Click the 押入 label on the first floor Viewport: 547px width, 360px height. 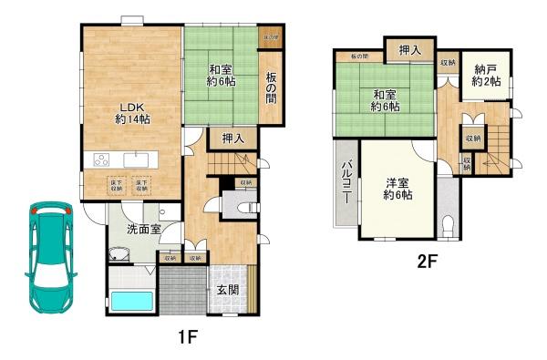232,139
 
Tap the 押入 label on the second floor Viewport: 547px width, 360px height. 409,51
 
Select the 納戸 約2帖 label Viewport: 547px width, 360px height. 486,77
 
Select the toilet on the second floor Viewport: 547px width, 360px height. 446,224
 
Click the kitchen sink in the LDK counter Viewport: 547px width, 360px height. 138,159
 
